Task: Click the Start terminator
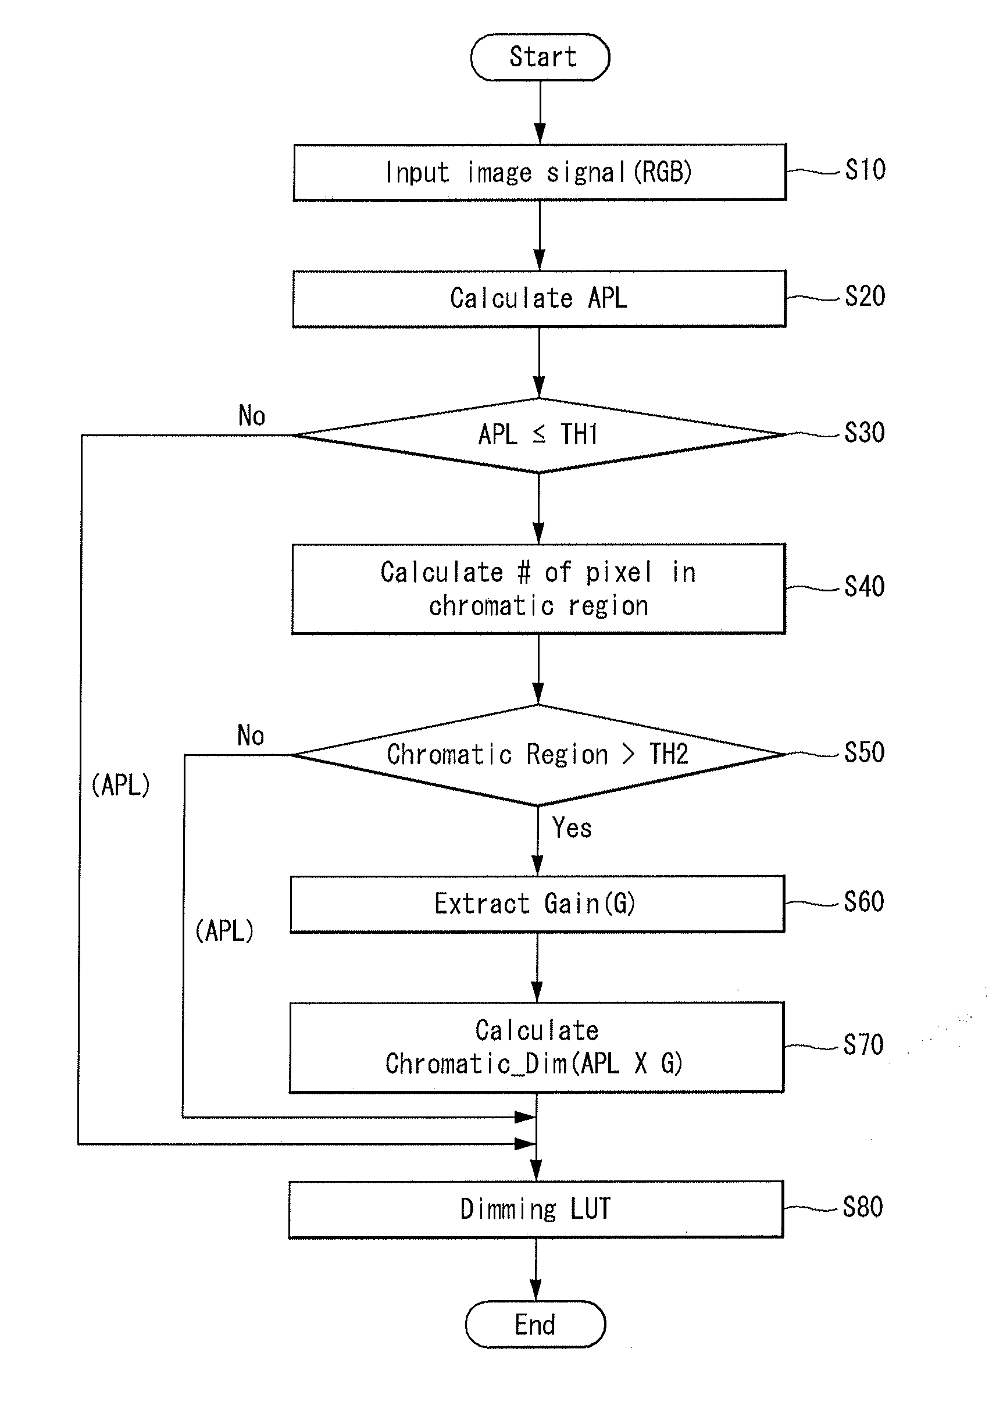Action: (x=540, y=57)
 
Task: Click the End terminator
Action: (x=536, y=1324)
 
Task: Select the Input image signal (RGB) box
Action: (x=540, y=172)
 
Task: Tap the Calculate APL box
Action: (x=539, y=299)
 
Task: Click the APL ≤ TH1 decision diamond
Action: (x=539, y=436)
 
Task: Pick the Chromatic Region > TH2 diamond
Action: (x=538, y=755)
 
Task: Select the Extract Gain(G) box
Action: (x=537, y=904)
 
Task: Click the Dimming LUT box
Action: (x=536, y=1209)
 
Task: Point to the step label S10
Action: (x=865, y=170)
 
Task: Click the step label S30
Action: (x=864, y=433)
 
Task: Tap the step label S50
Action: (x=864, y=752)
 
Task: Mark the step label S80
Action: (x=862, y=1207)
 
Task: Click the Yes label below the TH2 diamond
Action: (x=572, y=828)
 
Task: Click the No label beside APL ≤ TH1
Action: (x=251, y=416)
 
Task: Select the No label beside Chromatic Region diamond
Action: (x=250, y=735)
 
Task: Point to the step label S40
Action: (x=864, y=587)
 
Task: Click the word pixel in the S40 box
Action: (x=618, y=573)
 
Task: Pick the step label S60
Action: (x=863, y=902)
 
